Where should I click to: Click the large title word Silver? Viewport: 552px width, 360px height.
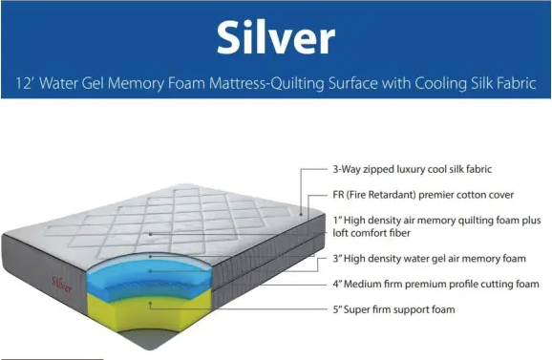(x=275, y=36)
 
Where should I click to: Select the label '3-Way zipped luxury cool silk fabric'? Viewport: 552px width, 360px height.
(x=412, y=170)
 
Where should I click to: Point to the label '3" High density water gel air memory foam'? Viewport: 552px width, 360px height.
(x=429, y=258)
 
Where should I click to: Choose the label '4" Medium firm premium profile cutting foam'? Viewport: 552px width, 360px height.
(x=434, y=284)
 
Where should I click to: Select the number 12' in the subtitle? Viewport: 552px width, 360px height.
(x=22, y=84)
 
